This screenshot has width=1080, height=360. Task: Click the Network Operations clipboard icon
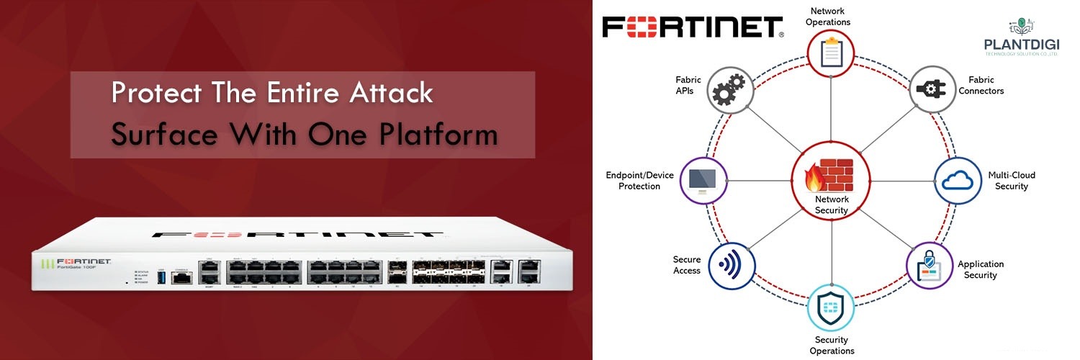coord(831,53)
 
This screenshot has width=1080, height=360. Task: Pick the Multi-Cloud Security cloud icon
coord(957,181)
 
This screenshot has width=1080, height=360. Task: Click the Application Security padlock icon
coord(928,266)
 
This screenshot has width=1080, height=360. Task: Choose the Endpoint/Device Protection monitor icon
coord(703,179)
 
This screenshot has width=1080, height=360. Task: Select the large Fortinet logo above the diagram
coord(693,26)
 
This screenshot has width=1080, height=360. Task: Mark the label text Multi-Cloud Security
coord(1012,181)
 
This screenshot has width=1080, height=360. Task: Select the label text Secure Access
coord(686,265)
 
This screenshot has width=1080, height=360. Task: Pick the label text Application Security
coord(981,269)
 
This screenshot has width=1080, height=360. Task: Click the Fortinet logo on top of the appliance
coord(297,235)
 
